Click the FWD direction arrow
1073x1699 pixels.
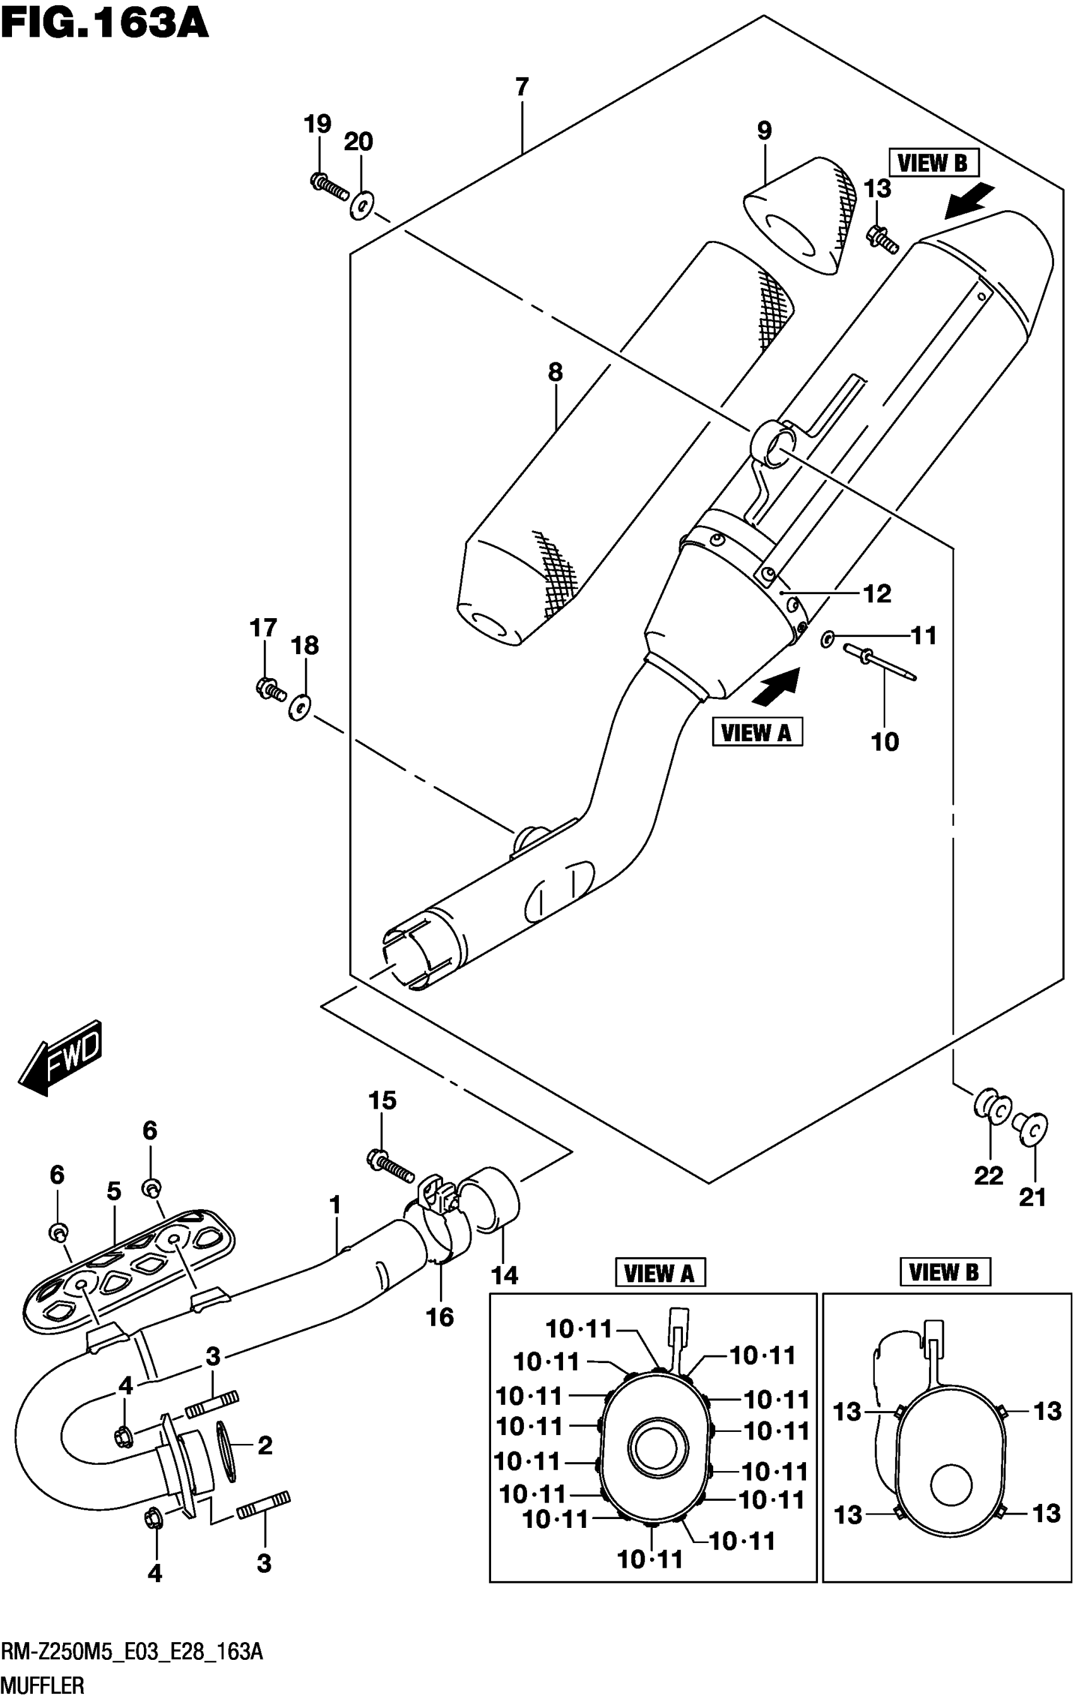click(x=60, y=1058)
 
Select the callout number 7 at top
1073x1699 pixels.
click(x=521, y=88)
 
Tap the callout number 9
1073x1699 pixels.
click(x=764, y=131)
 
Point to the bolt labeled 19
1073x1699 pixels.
click(x=329, y=185)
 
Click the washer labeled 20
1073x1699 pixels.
click(x=361, y=206)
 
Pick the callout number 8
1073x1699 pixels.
click(x=555, y=372)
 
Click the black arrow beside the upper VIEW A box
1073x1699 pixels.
click(x=776, y=686)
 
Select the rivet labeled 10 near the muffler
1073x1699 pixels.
click(x=879, y=662)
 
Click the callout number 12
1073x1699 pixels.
click(x=877, y=594)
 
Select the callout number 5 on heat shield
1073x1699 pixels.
click(x=114, y=1191)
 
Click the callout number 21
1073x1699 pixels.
click(x=1032, y=1196)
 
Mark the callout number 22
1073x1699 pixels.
click(x=988, y=1176)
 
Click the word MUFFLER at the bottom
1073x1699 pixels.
click(x=43, y=1686)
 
